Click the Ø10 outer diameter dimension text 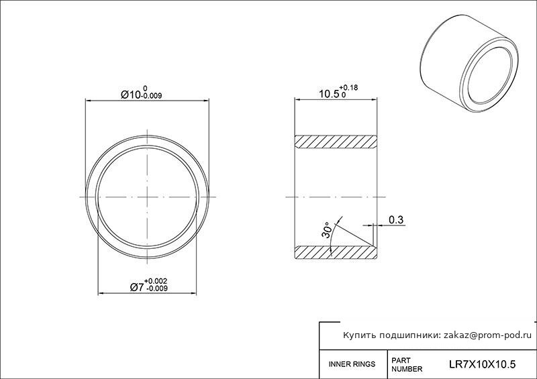coord(131,95)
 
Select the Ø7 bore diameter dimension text coord(137,288)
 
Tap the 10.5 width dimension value coord(329,94)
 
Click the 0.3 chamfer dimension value coord(396,220)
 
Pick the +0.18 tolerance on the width coord(348,88)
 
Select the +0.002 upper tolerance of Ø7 coord(156,281)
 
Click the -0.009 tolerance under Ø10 coord(152,96)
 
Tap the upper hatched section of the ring coord(336,142)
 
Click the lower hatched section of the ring coord(336,252)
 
